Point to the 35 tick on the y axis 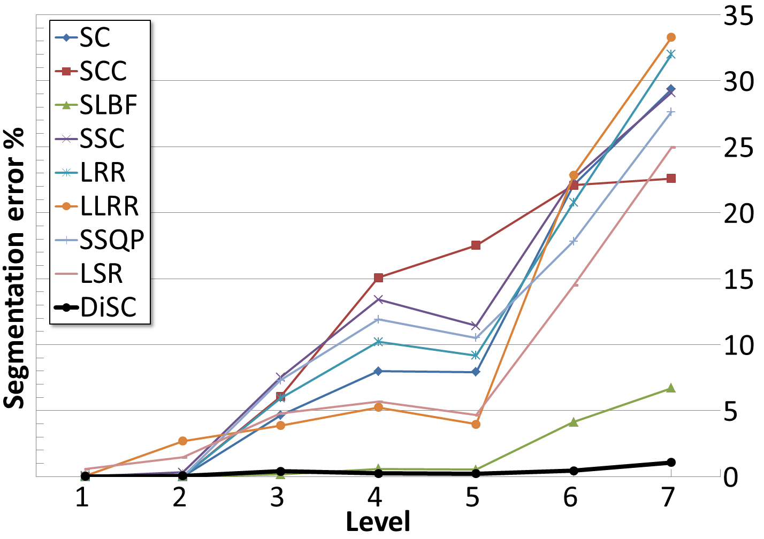tap(739, 16)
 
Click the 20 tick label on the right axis tap(739, 213)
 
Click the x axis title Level tap(378, 522)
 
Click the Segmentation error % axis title tap(14, 267)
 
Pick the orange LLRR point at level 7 tap(671, 37)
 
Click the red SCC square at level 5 tap(476, 245)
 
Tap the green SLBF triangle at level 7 tap(671, 388)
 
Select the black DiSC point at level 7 tap(671, 463)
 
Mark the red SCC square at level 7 tap(671, 179)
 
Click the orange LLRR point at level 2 tap(182, 441)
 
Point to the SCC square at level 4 tap(378, 278)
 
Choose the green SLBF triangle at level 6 tap(574, 422)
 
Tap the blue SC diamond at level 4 tap(378, 371)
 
